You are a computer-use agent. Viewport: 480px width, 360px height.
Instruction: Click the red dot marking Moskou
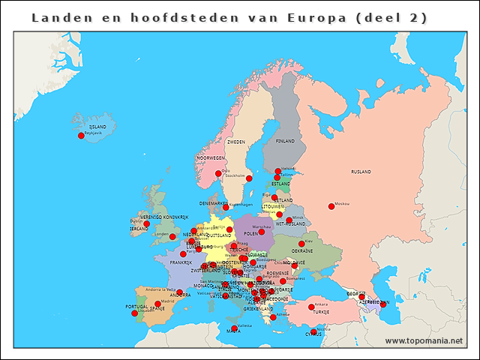(x=331, y=206)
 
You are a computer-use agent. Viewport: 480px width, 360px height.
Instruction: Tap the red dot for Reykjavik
(x=82, y=136)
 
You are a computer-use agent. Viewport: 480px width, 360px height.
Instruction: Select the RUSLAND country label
(x=361, y=172)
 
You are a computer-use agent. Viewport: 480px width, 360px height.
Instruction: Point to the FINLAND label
(x=285, y=141)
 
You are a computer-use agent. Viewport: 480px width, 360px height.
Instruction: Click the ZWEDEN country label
(x=236, y=142)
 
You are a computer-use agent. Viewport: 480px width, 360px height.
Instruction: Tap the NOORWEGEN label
(x=211, y=158)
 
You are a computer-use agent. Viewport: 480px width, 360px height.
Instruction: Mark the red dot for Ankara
(x=311, y=306)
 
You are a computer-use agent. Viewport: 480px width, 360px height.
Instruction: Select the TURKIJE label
(x=321, y=311)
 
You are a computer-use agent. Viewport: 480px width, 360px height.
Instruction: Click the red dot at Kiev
(x=301, y=244)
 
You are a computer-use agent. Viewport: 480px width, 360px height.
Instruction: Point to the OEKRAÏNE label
(x=302, y=251)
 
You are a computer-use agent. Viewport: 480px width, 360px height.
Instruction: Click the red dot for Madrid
(x=157, y=304)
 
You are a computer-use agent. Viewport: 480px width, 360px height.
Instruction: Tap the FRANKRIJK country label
(x=181, y=262)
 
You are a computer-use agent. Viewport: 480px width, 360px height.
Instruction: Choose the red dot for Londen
(x=172, y=236)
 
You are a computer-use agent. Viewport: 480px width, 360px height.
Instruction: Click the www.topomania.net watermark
(x=424, y=340)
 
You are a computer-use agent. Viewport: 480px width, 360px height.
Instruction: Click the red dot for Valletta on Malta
(x=234, y=328)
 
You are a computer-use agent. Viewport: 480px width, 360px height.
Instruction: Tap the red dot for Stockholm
(x=249, y=178)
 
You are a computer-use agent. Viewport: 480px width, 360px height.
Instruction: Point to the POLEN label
(x=251, y=233)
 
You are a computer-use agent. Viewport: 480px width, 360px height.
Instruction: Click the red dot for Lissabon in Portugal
(x=135, y=313)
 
